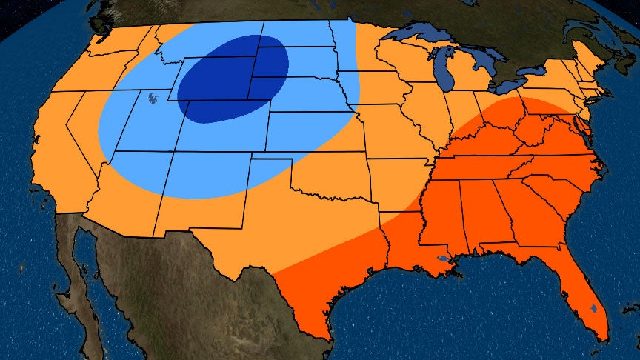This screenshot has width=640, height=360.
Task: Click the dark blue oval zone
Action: pos(231,78)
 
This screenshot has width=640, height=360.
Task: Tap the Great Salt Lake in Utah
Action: pos(153,97)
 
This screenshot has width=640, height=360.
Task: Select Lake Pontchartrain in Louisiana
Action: pos(442,259)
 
